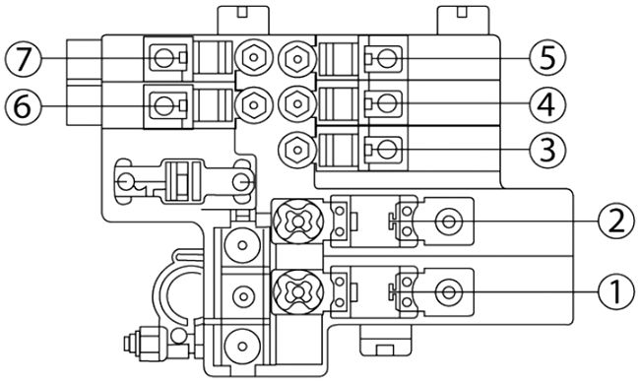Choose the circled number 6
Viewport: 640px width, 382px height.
pos(22,102)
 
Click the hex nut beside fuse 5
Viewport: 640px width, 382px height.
pos(292,56)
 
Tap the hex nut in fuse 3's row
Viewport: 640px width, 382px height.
pos(292,150)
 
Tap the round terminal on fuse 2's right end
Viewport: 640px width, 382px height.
pos(449,222)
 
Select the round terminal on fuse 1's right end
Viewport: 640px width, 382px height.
pos(449,291)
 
